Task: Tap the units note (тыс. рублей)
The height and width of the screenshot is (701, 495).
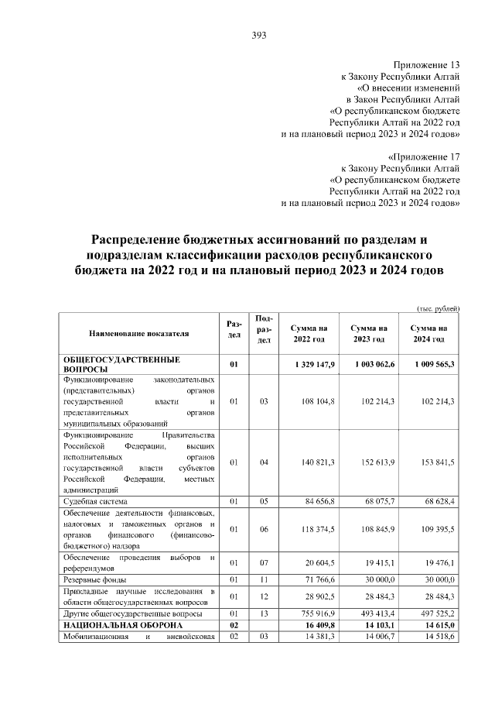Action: (439, 308)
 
